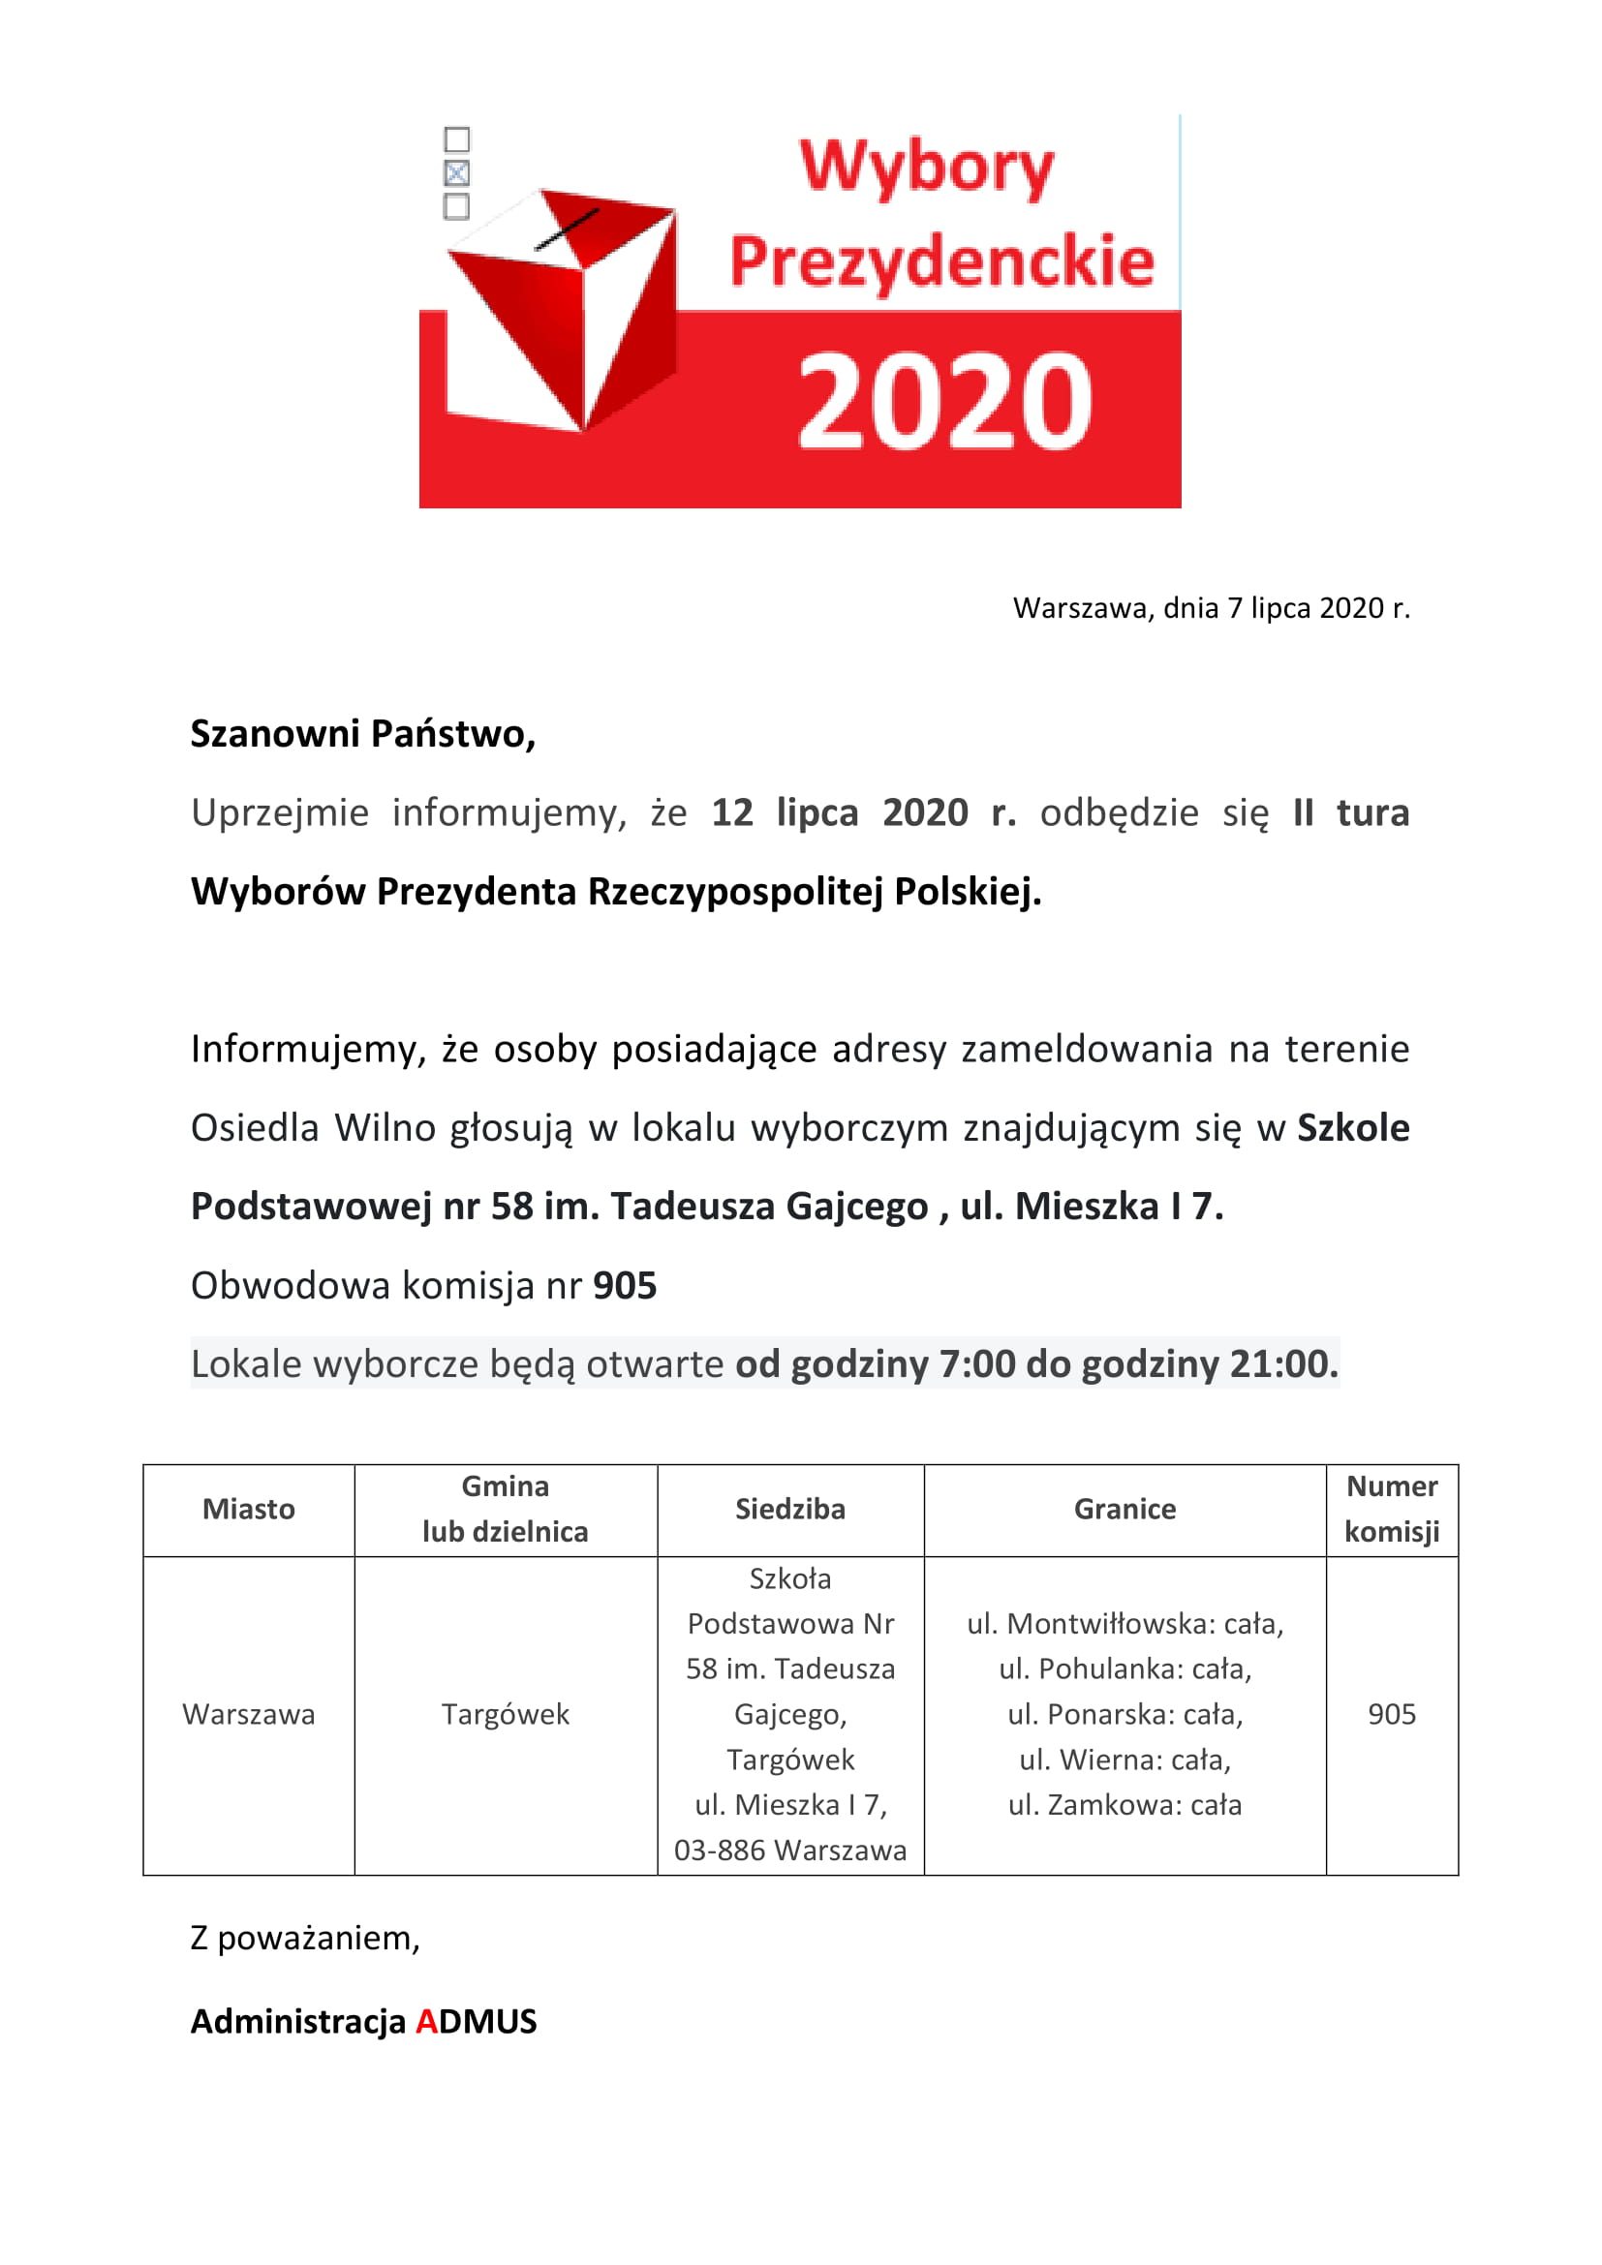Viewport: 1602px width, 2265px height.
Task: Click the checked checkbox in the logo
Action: pyautogui.click(x=457, y=173)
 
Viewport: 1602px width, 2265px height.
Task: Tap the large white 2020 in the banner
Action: pyautogui.click(x=944, y=402)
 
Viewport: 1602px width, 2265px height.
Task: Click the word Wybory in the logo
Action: pyautogui.click(x=926, y=167)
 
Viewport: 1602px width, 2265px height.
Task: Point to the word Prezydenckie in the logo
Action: pyautogui.click(x=941, y=262)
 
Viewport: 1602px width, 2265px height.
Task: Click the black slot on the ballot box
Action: pyautogui.click(x=567, y=230)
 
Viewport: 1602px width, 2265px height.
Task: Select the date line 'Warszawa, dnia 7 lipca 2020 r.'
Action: pyautogui.click(x=1211, y=608)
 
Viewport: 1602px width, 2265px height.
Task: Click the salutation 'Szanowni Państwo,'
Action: pyautogui.click(x=363, y=734)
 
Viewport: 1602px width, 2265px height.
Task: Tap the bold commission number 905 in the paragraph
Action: pyautogui.click(x=625, y=1285)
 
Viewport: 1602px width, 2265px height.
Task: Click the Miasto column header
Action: pyautogui.click(x=249, y=1510)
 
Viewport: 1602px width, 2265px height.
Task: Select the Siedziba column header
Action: pyautogui.click(x=790, y=1510)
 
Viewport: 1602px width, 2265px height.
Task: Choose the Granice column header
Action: pyautogui.click(x=1124, y=1510)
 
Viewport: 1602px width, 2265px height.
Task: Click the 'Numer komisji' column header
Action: pyautogui.click(x=1391, y=1510)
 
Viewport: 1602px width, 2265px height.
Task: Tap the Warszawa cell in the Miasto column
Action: pyautogui.click(x=249, y=1715)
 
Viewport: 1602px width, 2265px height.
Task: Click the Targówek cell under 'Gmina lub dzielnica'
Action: pyautogui.click(x=505, y=1715)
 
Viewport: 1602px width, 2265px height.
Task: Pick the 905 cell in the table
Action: pyautogui.click(x=1391, y=1715)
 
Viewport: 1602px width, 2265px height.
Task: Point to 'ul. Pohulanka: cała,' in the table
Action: pyautogui.click(x=1124, y=1669)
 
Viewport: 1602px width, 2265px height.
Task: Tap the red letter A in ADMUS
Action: pyautogui.click(x=426, y=2021)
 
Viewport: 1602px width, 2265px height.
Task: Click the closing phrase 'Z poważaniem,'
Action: pyautogui.click(x=305, y=1939)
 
